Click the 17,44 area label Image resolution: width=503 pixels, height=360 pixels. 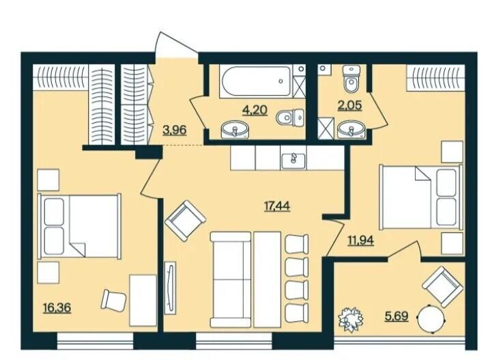277,206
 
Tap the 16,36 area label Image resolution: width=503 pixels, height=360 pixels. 57,308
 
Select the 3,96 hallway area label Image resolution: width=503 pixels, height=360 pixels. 175,130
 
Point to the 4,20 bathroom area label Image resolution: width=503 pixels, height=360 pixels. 255,110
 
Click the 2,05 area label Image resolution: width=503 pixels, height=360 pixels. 349,105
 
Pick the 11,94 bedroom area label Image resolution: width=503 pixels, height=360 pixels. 361,240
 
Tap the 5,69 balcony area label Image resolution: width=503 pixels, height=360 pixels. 397,316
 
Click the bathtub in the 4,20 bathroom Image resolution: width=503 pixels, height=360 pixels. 256,81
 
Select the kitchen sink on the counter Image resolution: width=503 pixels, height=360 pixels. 293,161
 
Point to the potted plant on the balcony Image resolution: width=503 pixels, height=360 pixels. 351,320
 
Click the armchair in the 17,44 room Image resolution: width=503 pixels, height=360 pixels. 185,221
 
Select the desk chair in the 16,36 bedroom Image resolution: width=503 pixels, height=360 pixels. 114,301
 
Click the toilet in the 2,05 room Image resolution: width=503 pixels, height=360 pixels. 351,79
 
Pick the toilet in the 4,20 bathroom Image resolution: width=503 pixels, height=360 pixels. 289,117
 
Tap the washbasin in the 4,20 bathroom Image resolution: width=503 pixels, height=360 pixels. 235,129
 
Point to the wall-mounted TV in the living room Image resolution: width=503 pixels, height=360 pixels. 170,288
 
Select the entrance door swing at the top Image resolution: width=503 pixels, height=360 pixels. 176,45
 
